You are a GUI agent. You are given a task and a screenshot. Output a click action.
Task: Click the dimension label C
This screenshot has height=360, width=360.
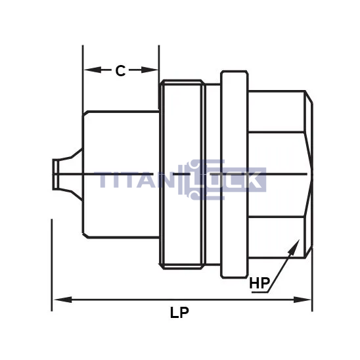(x=120, y=70)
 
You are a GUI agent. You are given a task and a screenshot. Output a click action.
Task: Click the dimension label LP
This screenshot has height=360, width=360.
(x=179, y=312)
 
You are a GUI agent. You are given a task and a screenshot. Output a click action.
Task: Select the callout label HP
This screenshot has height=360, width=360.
(x=259, y=283)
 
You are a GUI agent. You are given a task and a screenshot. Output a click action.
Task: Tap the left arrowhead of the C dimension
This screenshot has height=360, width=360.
(x=93, y=70)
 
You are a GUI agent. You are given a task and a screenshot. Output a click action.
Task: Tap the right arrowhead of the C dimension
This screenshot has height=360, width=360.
(x=150, y=70)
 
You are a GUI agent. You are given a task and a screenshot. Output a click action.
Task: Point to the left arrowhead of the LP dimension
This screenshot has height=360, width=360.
(x=62, y=300)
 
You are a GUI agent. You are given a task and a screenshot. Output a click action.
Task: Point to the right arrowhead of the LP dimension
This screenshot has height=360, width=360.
(x=302, y=300)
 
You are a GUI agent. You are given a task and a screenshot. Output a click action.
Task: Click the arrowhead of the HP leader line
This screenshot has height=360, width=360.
(x=294, y=246)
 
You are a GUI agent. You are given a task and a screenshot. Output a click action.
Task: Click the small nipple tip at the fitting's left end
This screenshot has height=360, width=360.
(x=56, y=174)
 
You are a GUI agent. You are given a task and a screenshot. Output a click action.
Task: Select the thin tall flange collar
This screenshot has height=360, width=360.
(x=234, y=175)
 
